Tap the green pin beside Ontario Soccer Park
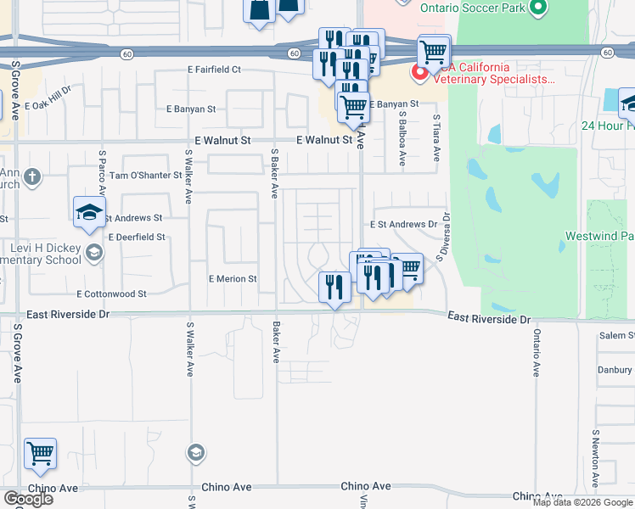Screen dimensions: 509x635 (537, 9)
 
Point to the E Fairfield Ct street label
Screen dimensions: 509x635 (215, 70)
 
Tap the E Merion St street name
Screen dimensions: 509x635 (233, 278)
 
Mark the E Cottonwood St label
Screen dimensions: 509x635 (111, 294)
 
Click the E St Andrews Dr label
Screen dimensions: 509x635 (402, 225)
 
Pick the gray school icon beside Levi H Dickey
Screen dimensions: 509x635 (93, 251)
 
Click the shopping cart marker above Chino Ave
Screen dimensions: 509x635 (40, 456)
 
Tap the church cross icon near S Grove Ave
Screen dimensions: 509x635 (31, 177)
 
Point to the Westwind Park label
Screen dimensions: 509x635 (600, 236)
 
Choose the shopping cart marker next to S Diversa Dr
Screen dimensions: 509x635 (408, 269)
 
